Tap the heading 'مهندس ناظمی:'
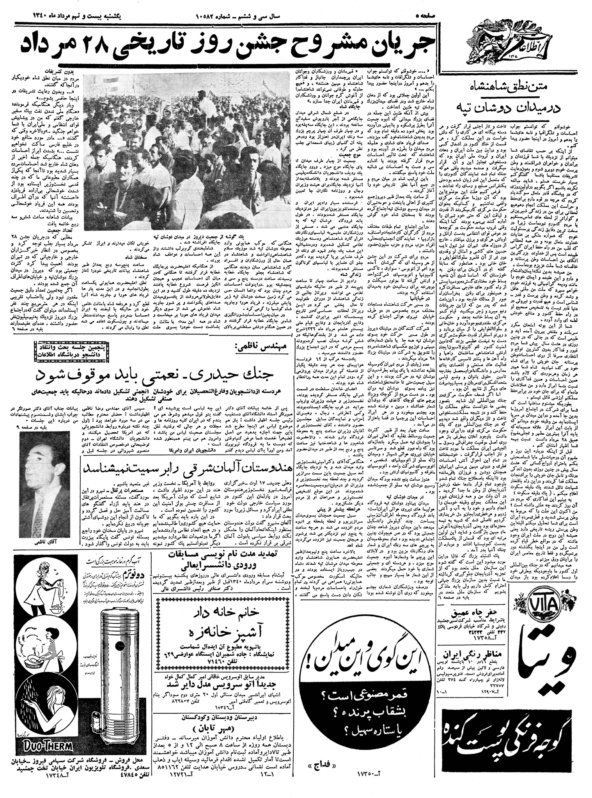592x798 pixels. [x=262, y=345]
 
